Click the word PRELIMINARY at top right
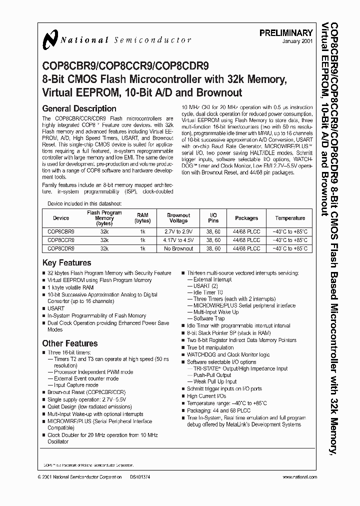(x=286, y=33)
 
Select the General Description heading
(x=79, y=108)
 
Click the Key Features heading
(x=66, y=263)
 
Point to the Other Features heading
(x=69, y=343)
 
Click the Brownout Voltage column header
(x=178, y=218)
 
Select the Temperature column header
(x=290, y=218)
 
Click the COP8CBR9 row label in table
(x=61, y=231)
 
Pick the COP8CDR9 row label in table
(x=61, y=248)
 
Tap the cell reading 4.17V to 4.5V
(x=178, y=240)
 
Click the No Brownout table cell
(x=178, y=248)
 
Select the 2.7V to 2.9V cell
(x=178, y=231)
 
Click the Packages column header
(x=246, y=218)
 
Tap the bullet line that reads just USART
(x=56, y=308)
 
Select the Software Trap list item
(x=209, y=318)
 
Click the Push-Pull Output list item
(x=212, y=375)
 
